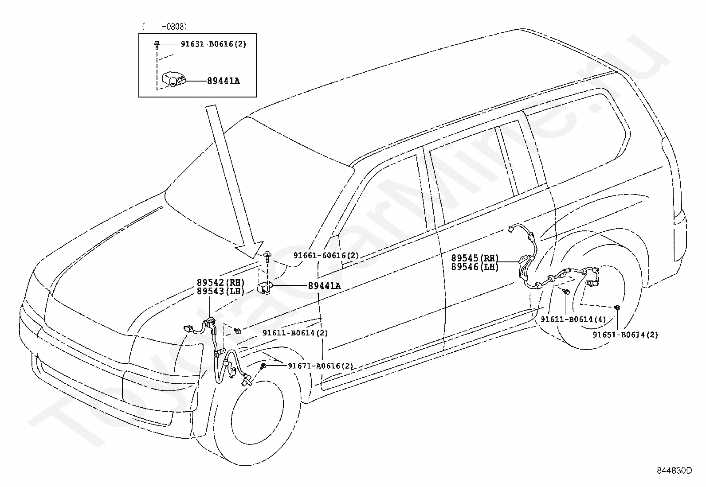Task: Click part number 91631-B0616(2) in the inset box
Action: (x=213, y=44)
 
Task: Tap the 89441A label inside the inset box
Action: (x=223, y=81)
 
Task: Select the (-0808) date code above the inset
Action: (x=165, y=27)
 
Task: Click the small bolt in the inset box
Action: (x=157, y=45)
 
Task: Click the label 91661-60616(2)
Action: (x=326, y=255)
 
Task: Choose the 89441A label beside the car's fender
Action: (x=324, y=286)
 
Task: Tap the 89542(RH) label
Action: (x=221, y=282)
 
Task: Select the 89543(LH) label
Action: (x=221, y=291)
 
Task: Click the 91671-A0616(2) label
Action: (x=321, y=366)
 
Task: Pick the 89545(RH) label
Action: (x=475, y=258)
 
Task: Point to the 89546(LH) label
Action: (x=475, y=267)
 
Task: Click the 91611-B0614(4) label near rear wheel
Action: (x=573, y=319)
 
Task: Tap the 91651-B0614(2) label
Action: (x=625, y=335)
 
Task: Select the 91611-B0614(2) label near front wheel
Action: (x=295, y=333)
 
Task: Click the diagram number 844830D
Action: (x=674, y=470)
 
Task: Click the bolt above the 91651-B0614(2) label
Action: (x=617, y=308)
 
